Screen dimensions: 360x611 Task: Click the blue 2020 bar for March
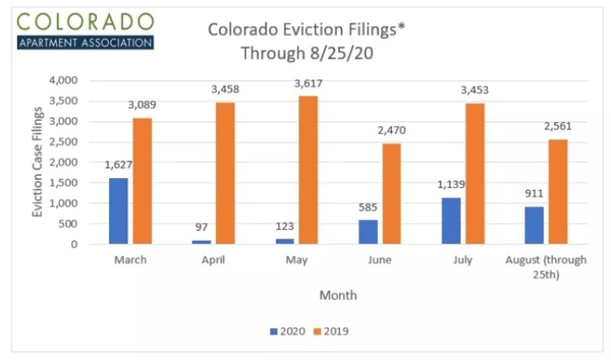coord(118,211)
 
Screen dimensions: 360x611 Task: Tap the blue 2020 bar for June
coord(368,232)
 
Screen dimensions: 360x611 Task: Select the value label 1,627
coord(118,164)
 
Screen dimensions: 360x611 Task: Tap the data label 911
coord(535,193)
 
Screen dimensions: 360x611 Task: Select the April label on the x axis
coord(214,261)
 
